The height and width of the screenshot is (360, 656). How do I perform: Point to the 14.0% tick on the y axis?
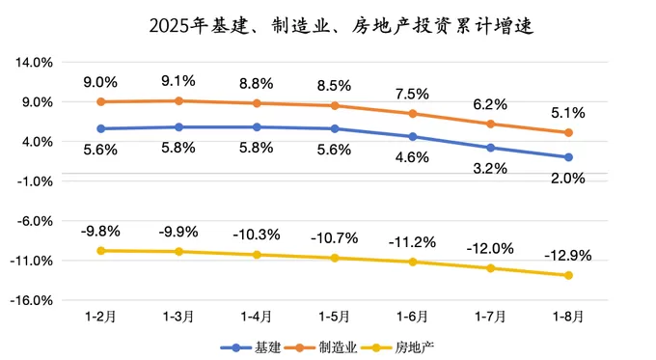point(35,62)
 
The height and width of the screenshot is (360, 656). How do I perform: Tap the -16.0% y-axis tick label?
point(33,300)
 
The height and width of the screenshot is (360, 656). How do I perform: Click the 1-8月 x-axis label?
point(568,316)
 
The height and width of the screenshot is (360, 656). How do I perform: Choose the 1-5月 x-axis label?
point(334,316)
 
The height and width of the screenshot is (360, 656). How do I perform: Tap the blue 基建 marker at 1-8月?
point(568,157)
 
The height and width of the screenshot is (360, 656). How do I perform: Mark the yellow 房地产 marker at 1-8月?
point(568,275)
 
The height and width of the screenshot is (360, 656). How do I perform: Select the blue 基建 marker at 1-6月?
point(412,136)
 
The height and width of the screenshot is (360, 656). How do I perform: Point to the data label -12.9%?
point(568,256)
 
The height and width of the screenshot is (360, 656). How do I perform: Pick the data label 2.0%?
point(568,177)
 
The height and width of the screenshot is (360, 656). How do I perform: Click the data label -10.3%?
point(256,235)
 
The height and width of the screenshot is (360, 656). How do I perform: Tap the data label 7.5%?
point(412,94)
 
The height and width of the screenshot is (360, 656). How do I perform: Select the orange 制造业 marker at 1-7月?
point(490,124)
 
